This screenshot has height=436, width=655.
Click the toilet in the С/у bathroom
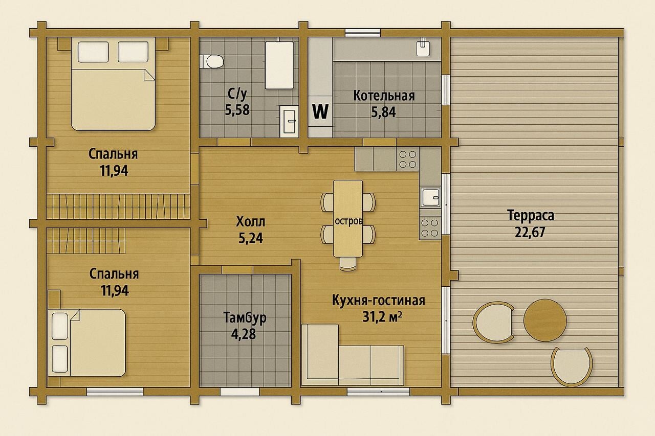(212, 61)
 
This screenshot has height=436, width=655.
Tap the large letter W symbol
(320, 111)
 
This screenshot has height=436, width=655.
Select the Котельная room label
(384, 96)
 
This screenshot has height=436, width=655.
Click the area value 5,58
(237, 110)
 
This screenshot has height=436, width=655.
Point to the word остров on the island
(348, 221)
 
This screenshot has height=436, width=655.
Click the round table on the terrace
(545, 320)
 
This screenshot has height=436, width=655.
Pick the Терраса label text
(531, 216)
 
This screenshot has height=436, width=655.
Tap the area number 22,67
(530, 233)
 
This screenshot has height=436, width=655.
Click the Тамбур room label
(245, 317)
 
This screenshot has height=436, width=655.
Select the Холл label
(251, 222)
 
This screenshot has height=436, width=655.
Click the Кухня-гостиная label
(379, 301)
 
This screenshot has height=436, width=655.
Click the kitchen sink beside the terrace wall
(430, 197)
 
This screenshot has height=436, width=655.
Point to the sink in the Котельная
(423, 48)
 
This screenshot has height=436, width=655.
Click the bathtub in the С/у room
(279, 65)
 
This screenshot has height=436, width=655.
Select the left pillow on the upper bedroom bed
(93, 52)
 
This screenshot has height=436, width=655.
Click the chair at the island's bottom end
(348, 264)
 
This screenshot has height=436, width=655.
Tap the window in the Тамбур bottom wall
(240, 392)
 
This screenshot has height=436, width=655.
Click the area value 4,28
(243, 334)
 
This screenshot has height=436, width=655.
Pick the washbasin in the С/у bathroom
(289, 121)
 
